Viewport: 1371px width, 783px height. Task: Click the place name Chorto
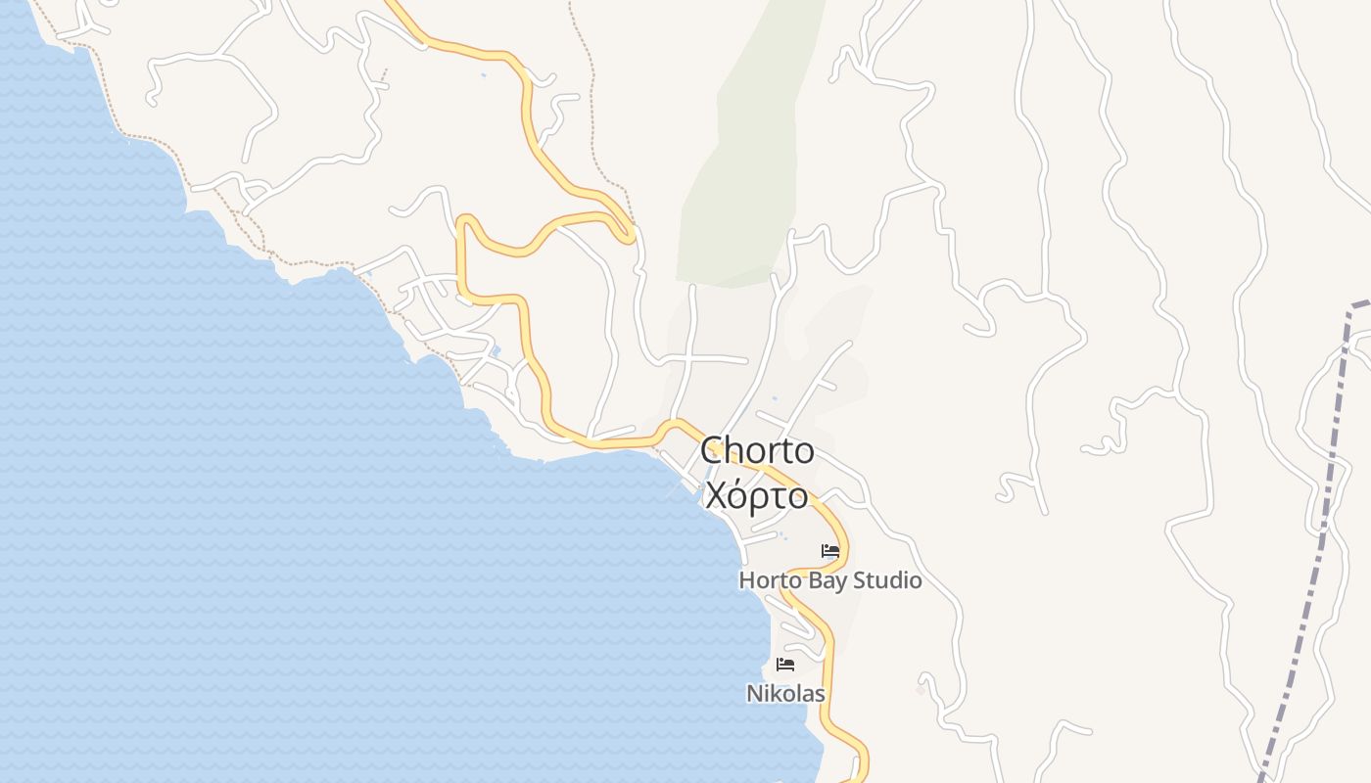coord(757,451)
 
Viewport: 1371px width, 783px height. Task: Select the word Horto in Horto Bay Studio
coord(769,580)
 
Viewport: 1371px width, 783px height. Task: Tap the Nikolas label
coord(785,694)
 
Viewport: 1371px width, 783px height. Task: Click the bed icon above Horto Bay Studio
coord(830,552)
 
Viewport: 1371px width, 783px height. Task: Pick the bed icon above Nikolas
coord(785,666)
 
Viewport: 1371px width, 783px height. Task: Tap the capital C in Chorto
coord(712,451)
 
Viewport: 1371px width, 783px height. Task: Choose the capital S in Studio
coord(860,580)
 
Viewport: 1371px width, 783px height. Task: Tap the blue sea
coord(245,538)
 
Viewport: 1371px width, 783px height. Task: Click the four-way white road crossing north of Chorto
coord(690,359)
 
